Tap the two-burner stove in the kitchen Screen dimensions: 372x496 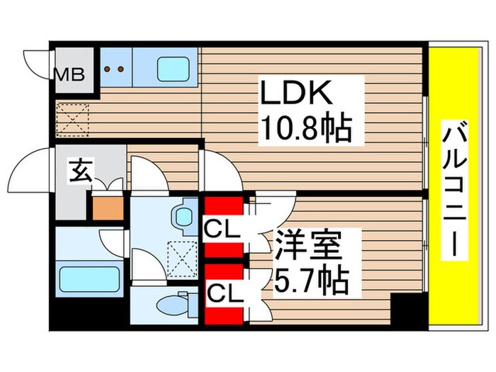(115, 69)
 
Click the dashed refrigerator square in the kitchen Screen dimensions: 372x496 (71, 118)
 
